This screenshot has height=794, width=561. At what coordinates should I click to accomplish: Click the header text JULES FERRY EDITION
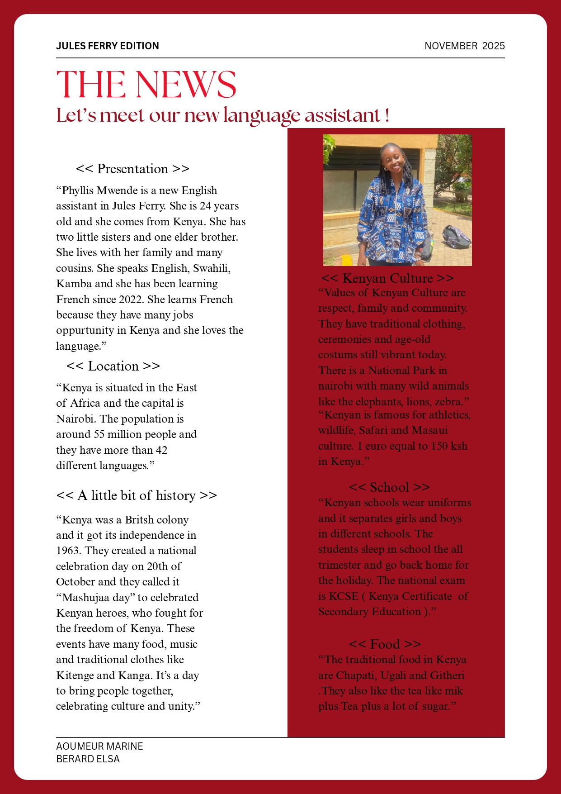click(x=108, y=46)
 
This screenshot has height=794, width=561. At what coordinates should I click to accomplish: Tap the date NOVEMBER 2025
click(x=464, y=46)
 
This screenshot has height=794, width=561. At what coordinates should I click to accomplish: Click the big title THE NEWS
click(x=146, y=85)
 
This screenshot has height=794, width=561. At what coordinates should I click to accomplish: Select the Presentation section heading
click(x=132, y=169)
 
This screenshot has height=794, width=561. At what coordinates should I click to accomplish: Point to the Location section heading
click(x=113, y=366)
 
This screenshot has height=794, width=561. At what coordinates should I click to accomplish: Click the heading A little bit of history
click(x=137, y=495)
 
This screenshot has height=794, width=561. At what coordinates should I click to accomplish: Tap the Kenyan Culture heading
click(x=387, y=278)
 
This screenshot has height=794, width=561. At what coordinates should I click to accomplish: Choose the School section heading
click(x=389, y=487)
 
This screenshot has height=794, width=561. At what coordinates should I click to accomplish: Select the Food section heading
click(x=385, y=644)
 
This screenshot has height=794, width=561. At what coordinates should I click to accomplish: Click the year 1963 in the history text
click(x=69, y=551)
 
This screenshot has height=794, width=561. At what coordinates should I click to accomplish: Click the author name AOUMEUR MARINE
click(x=99, y=746)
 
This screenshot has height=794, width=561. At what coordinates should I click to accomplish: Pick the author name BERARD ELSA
click(x=88, y=759)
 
